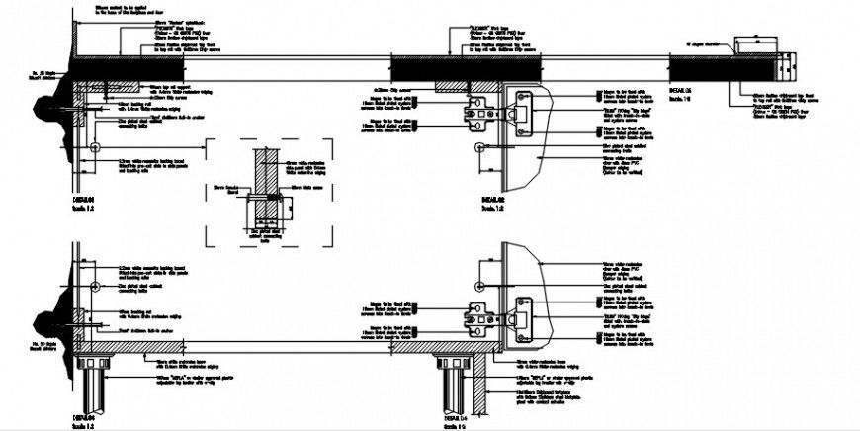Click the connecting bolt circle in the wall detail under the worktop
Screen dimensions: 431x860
coord(93,146)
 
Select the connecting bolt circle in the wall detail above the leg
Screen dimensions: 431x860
coord(93,283)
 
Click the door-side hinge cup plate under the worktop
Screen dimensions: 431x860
coord(525,109)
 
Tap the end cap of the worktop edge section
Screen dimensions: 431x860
coord(785,66)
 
